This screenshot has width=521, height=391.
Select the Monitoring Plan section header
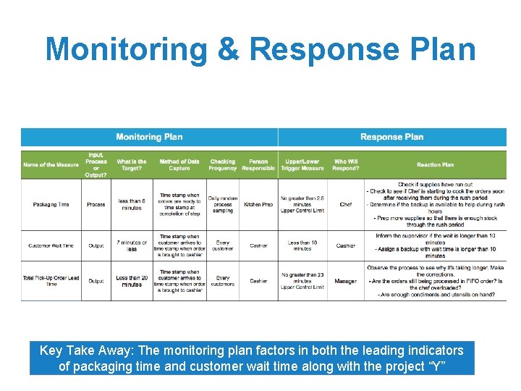click(x=149, y=137)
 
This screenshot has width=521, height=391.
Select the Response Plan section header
click(x=391, y=137)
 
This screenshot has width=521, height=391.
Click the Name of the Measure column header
click(x=51, y=165)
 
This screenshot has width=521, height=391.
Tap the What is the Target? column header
click(x=132, y=165)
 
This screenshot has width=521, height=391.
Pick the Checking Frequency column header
click(x=223, y=165)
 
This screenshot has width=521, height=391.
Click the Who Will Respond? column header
click(x=345, y=165)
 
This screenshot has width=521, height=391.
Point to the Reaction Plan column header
click(x=435, y=165)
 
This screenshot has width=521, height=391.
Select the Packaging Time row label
click(x=51, y=204)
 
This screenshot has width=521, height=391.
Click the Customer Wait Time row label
click(x=51, y=245)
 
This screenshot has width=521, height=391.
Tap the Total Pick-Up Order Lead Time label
click(x=51, y=281)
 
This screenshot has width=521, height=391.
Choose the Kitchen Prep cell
click(x=258, y=204)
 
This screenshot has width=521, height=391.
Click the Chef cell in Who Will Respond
click(x=345, y=204)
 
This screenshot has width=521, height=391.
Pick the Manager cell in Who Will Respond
click(x=345, y=281)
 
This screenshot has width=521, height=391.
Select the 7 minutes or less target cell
click(x=132, y=245)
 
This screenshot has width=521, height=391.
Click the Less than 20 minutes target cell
click(x=132, y=281)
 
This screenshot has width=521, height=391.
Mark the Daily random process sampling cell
click(x=223, y=204)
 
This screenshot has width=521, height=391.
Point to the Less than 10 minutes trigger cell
click(x=302, y=245)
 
